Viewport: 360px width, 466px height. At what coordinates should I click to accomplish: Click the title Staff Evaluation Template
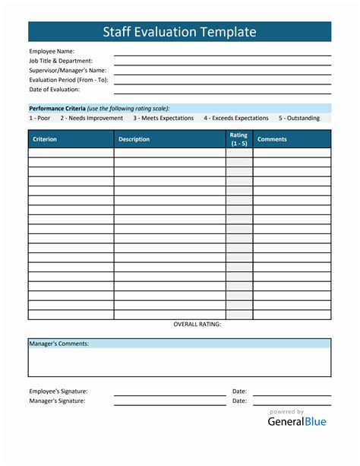[179, 31]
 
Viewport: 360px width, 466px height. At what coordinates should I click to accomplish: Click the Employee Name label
[52, 52]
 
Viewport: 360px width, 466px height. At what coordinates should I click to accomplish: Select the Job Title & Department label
[61, 61]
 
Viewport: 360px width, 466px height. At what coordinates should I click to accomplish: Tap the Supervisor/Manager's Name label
[68, 71]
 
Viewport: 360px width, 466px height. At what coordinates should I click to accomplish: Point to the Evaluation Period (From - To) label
[68, 80]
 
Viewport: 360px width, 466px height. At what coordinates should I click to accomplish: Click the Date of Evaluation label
[55, 89]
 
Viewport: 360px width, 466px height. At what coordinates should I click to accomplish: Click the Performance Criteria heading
[58, 108]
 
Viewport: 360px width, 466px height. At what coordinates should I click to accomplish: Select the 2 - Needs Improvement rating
[91, 118]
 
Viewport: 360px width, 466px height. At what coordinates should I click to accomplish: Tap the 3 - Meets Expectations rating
[163, 118]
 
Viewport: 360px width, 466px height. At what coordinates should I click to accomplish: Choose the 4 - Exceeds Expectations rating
[236, 118]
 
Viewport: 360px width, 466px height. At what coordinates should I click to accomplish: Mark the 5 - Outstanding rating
[298, 118]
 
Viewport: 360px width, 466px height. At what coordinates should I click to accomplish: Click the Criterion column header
[45, 139]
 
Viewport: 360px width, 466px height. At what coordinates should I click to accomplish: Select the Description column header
[134, 139]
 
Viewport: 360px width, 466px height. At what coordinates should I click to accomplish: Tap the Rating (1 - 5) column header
[238, 139]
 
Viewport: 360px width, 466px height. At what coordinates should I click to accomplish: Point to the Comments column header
[272, 139]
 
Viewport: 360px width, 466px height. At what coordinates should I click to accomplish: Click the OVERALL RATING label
[197, 325]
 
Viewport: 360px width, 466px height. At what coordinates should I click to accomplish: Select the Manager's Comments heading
[59, 344]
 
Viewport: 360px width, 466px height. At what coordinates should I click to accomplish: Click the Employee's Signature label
[58, 391]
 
